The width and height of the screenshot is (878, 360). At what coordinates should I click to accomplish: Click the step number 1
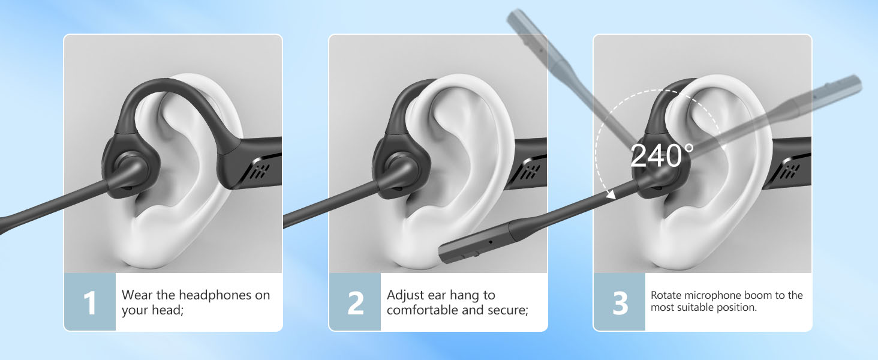(x=90, y=302)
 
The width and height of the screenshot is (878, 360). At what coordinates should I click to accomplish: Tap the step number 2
(x=355, y=302)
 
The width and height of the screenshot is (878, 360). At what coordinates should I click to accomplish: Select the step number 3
(x=620, y=302)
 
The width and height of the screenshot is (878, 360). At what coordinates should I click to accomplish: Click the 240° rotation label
(x=661, y=155)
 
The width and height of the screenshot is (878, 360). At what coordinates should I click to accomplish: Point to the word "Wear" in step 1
(x=136, y=295)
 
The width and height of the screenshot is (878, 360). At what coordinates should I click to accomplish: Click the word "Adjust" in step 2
(x=405, y=295)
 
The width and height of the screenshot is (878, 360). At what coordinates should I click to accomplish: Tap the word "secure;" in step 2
(x=508, y=310)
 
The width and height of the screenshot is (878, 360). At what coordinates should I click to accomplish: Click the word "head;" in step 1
(x=167, y=310)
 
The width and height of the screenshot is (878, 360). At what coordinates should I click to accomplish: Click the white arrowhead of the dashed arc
(x=611, y=194)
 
